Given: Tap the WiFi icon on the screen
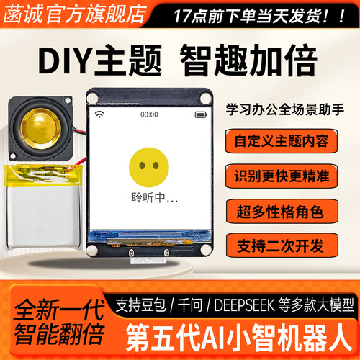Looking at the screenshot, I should tap(99, 114).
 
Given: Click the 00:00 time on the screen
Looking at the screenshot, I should tap(149, 114).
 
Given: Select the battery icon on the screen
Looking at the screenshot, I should tap(199, 114).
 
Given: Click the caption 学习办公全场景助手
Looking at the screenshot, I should tap(285, 108).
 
